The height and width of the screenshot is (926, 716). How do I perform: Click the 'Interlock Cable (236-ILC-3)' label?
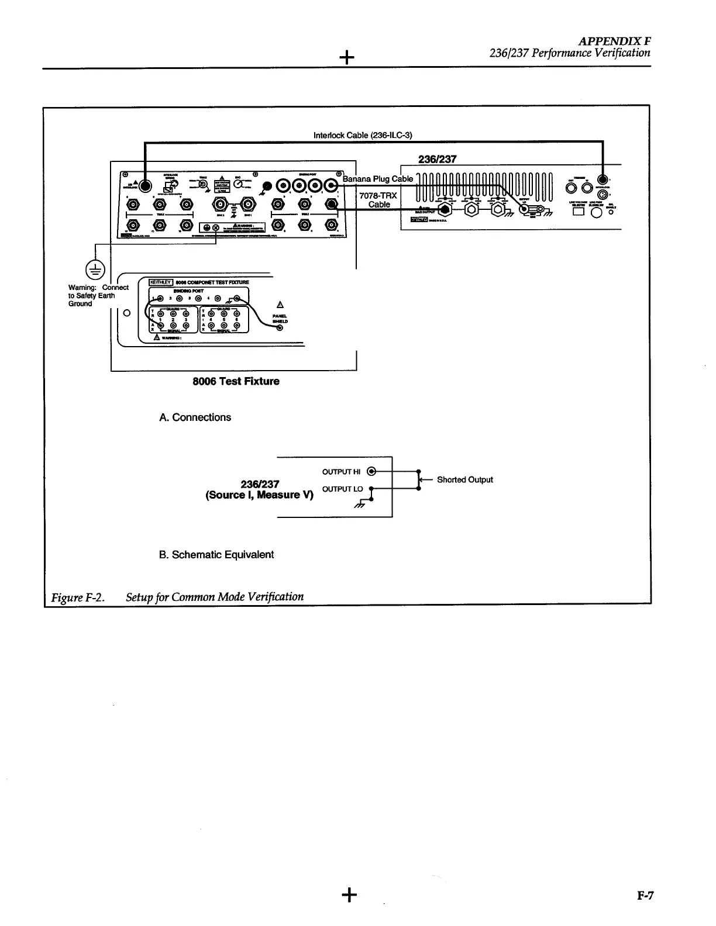(x=363, y=136)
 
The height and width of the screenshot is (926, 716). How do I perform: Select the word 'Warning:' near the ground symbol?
(x=82, y=288)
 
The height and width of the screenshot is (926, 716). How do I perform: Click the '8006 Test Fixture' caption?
(x=236, y=381)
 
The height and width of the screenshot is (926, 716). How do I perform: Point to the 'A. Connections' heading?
(x=195, y=417)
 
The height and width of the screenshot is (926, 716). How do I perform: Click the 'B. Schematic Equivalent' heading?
(x=216, y=555)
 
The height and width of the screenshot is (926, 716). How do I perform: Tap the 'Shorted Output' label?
(x=464, y=480)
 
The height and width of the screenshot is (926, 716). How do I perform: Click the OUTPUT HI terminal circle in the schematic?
(x=371, y=471)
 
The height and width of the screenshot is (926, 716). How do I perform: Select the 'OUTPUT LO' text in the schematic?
(x=342, y=489)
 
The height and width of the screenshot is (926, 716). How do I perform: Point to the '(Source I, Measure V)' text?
(x=259, y=495)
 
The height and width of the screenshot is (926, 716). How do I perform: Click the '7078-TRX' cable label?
(x=378, y=195)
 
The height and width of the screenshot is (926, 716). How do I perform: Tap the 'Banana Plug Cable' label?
(x=378, y=179)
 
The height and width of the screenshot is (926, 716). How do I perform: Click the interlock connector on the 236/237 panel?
(x=602, y=180)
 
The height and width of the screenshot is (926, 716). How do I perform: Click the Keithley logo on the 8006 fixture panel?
(x=159, y=282)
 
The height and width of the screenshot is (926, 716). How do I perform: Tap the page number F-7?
(x=645, y=896)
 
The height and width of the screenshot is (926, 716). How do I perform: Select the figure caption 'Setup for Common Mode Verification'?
(x=215, y=597)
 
